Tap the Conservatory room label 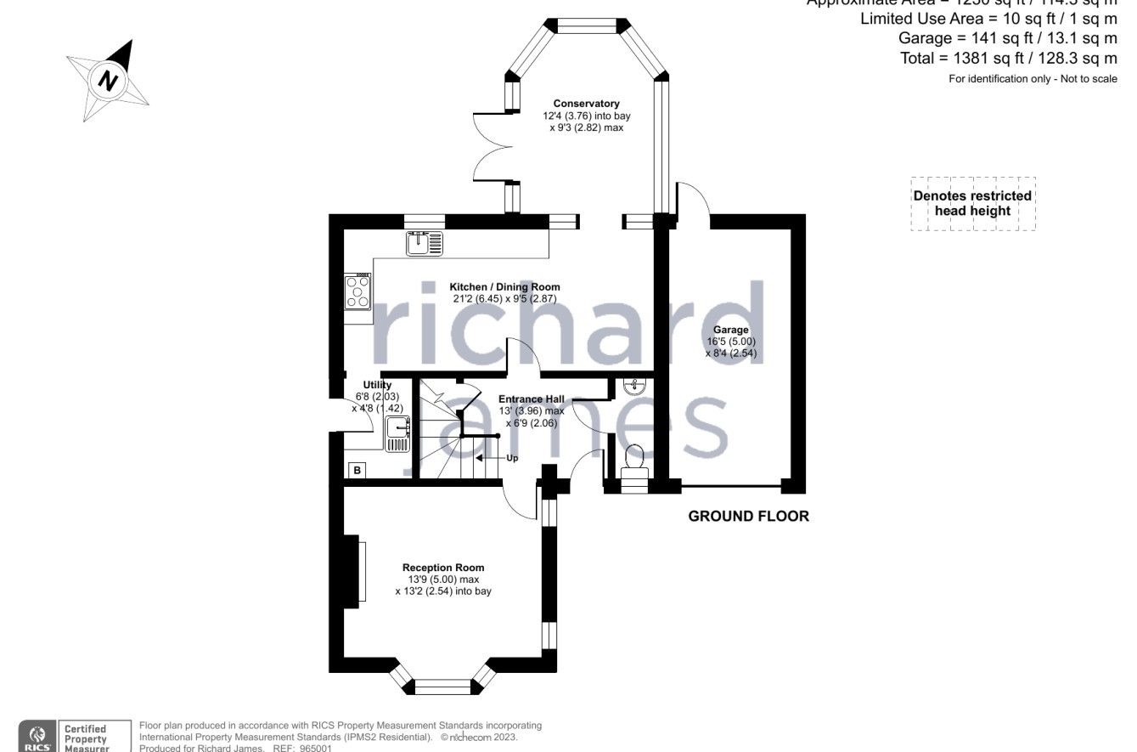pos(587,104)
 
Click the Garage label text pos(730,330)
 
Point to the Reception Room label pos(443,568)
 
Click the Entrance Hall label pos(531,399)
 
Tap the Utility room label pos(377,385)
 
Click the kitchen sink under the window pos(424,243)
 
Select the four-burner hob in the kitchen pos(357,291)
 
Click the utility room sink pos(397,433)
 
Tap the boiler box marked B pos(357,470)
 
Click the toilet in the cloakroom pos(634,461)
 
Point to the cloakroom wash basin pos(633,387)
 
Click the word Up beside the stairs pos(512,458)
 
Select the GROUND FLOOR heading pos(748,516)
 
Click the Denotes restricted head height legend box pos(972,203)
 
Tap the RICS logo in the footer pos(37,735)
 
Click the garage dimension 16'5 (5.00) pos(730,342)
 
